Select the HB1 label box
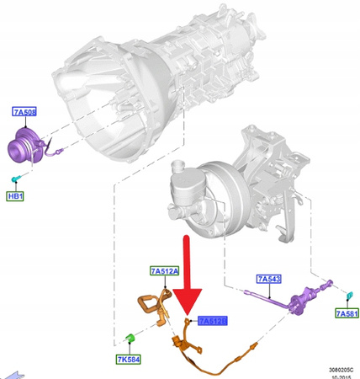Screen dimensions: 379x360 [16, 196]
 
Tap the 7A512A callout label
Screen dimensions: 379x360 [164, 271]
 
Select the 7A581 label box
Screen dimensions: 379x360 [345, 314]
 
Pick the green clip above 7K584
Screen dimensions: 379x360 [130, 339]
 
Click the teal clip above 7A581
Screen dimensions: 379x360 [349, 295]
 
